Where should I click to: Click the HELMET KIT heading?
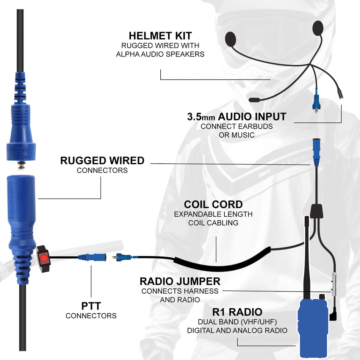[161, 36]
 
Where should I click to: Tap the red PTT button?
[44, 258]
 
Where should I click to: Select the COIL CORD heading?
[213, 204]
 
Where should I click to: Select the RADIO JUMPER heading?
[180, 282]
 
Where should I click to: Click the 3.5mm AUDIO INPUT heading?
[236, 116]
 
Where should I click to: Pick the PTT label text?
[91, 305]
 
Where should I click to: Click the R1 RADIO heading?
[237, 312]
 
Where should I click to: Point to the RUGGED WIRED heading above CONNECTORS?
[102, 160]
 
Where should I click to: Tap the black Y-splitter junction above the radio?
[317, 211]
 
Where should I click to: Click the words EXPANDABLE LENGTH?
[213, 214]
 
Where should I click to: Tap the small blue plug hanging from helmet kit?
[315, 101]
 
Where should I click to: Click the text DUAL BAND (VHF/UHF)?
[237, 322]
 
